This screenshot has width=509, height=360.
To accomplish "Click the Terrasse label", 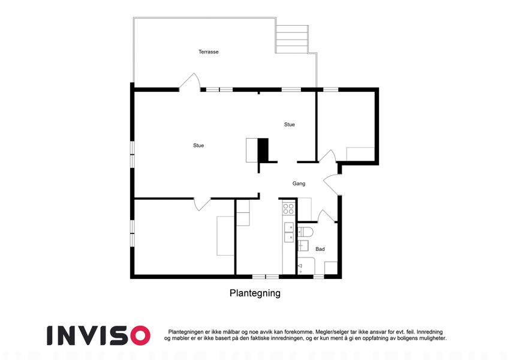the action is pyautogui.click(x=209, y=52).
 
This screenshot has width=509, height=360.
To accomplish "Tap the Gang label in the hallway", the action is pyautogui.click(x=299, y=184).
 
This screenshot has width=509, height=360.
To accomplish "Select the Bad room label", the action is pyautogui.click(x=320, y=249).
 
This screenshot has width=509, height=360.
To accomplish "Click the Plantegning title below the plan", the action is pyautogui.click(x=255, y=293).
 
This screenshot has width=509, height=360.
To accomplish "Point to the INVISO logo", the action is pyautogui.click(x=98, y=335).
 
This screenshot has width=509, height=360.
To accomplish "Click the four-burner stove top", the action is pyautogui.click(x=288, y=209).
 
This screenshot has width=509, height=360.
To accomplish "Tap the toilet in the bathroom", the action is pyautogui.click(x=306, y=233).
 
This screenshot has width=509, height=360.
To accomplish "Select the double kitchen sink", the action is pyautogui.click(x=288, y=232).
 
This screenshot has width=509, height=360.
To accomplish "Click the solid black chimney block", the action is pyautogui.click(x=263, y=150).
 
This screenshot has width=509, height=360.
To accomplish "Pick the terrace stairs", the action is pyautogui.click(x=292, y=40).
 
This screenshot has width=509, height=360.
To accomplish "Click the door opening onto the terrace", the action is pyautogui.click(x=189, y=82).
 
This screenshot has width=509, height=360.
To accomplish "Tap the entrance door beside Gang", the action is pyautogui.click(x=332, y=185).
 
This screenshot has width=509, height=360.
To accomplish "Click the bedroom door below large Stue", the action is pyautogui.click(x=202, y=204).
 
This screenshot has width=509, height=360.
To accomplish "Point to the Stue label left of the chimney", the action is pyautogui.click(x=198, y=146).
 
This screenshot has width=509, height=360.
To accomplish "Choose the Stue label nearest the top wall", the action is pyautogui.click(x=289, y=124).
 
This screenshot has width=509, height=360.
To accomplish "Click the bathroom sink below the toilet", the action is pyautogui.click(x=303, y=246).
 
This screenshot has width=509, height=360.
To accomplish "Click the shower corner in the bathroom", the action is pyautogui.click(x=306, y=266).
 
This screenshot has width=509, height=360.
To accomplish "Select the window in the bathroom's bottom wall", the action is pyautogui.click(x=319, y=277).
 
